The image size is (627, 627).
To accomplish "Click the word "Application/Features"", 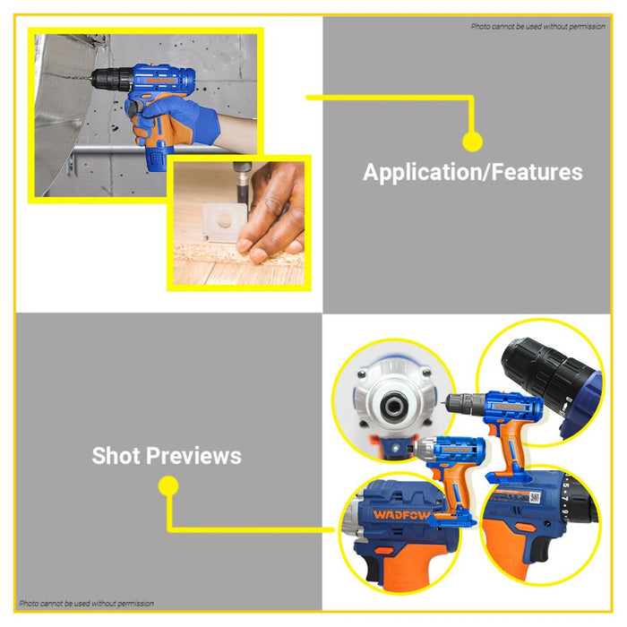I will (x=472, y=172).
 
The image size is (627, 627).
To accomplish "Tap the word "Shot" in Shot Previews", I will (x=116, y=456).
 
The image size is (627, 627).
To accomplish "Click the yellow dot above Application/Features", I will (x=472, y=142).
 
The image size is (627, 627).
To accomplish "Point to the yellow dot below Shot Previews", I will (x=168, y=486).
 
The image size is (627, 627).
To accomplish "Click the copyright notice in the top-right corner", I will (x=537, y=26).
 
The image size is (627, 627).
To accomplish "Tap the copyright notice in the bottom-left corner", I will (x=87, y=604).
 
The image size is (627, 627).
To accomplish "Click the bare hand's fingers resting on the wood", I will (x=273, y=237).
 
